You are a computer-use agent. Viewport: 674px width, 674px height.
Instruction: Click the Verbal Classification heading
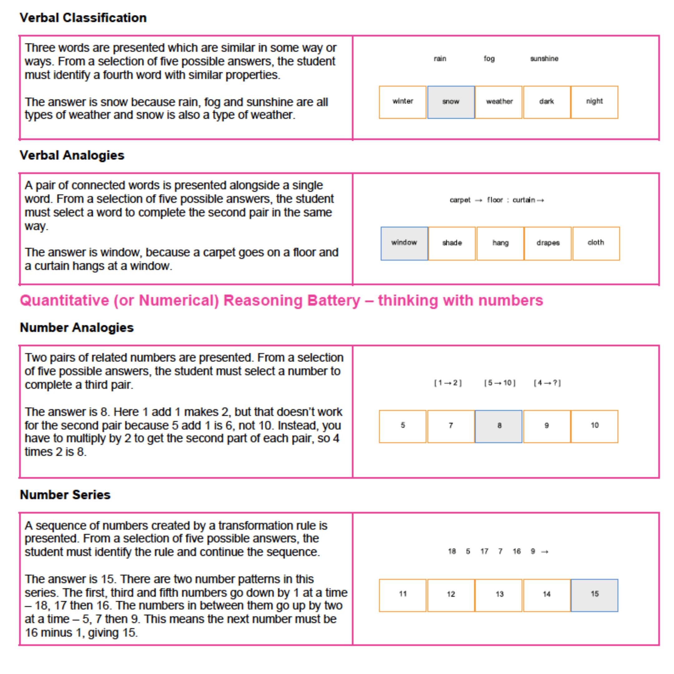pyautogui.click(x=83, y=18)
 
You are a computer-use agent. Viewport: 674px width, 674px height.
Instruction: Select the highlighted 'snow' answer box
pyautogui.click(x=451, y=102)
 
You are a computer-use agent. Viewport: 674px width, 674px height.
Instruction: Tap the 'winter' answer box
pyautogui.click(x=403, y=102)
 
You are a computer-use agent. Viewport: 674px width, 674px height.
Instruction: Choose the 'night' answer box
pyautogui.click(x=594, y=102)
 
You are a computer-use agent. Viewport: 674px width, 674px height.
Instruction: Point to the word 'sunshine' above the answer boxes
pyautogui.click(x=544, y=59)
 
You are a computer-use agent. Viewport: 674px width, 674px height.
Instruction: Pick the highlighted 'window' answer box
pyautogui.click(x=404, y=243)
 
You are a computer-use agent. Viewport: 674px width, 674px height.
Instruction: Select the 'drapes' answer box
pyautogui.click(x=548, y=243)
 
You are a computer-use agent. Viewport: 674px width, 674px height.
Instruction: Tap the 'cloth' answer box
pyautogui.click(x=596, y=243)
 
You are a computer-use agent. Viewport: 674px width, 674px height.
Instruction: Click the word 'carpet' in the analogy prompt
pyautogui.click(x=460, y=200)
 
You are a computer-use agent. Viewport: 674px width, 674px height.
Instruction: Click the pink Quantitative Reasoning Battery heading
pyautogui.click(x=281, y=300)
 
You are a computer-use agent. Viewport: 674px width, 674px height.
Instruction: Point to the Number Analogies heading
pyautogui.click(x=77, y=328)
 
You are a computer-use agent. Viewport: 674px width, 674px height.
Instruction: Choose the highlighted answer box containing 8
pyautogui.click(x=499, y=426)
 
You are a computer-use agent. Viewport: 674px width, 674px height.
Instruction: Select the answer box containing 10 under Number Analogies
pyautogui.click(x=594, y=426)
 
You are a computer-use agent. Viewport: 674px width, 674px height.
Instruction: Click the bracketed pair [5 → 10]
pyautogui.click(x=500, y=383)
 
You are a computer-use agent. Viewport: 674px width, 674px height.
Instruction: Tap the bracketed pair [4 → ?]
pyautogui.click(x=547, y=383)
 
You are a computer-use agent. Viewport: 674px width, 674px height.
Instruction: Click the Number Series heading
pyautogui.click(x=65, y=495)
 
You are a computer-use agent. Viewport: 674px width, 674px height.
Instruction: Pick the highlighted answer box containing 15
pyautogui.click(x=594, y=595)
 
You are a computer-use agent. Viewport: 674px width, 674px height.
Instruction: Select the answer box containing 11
pyautogui.click(x=403, y=595)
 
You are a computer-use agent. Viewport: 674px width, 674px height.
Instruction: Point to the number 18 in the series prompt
pyautogui.click(x=452, y=551)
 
